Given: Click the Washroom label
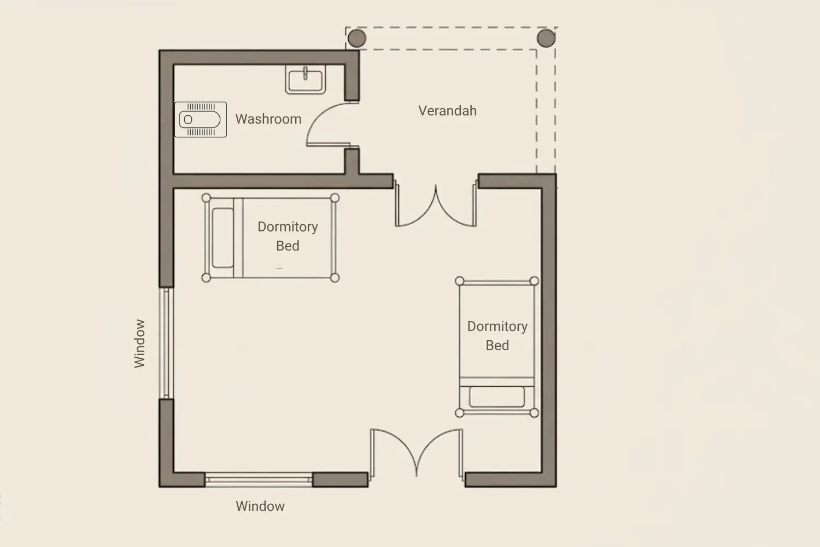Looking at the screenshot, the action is pos(268,119).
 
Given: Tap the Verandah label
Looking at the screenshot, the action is pos(447,110).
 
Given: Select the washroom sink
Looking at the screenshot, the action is pos(305,79).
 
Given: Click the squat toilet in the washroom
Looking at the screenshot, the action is pos(200,119).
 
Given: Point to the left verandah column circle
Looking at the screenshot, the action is pos(357,38).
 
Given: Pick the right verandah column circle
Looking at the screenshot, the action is pos(546,38).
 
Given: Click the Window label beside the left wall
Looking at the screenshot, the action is pos(139,344).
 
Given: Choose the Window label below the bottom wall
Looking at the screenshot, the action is pos(260,506).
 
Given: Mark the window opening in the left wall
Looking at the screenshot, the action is pos(166,343).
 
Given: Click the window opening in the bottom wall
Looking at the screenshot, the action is pos(259,480).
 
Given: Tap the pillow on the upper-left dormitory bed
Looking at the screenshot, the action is pos(222,238).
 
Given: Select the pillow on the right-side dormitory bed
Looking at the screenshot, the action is pos(497,397).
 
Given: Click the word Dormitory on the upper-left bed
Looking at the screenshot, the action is pos(288,227).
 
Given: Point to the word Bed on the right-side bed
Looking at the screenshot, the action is pos(497,346).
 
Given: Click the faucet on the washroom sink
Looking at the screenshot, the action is pos(305,73).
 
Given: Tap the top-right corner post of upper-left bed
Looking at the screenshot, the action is pos(335,198).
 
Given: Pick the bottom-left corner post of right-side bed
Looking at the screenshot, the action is pos(460,414).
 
